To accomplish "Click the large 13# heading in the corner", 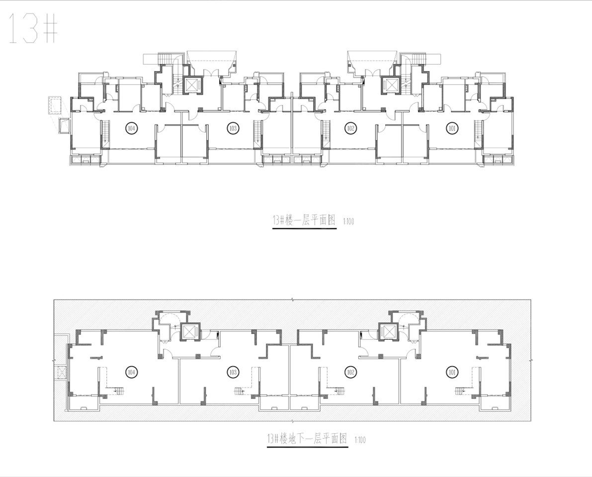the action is pos(33,28).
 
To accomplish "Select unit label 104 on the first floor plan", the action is pos(131,128).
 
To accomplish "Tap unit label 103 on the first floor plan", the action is pos(233,128).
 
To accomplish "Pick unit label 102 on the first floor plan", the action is pos(350,128).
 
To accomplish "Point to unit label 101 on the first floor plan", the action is pos(452,128).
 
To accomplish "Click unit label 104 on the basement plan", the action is pos(131,373).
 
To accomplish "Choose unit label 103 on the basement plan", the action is pos(233,373).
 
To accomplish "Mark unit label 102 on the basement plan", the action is pos(350,373).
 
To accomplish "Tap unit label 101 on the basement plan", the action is pos(452,373).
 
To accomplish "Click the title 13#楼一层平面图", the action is pos(304,221).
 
